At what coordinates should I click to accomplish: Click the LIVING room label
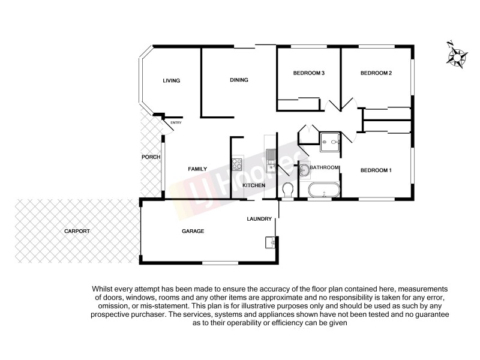(172, 81)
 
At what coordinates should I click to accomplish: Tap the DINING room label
(239, 80)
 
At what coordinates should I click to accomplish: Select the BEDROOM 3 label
(308, 74)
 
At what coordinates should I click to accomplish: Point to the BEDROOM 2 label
(376, 74)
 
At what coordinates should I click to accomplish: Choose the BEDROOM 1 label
(376, 170)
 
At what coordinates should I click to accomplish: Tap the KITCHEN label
(254, 186)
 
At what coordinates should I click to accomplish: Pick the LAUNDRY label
(259, 219)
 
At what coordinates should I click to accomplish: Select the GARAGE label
(193, 231)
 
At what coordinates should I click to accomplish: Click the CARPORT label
(78, 231)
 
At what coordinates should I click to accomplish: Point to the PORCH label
(150, 158)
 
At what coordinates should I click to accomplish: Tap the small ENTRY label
(176, 124)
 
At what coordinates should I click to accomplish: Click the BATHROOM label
(325, 167)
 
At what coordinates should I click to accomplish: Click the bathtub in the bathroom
(324, 192)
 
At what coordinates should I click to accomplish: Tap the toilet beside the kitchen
(287, 190)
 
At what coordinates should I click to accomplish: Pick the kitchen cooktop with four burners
(237, 163)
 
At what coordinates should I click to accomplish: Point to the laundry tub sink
(269, 243)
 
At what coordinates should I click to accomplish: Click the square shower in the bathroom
(329, 142)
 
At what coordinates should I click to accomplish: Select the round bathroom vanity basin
(304, 170)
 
